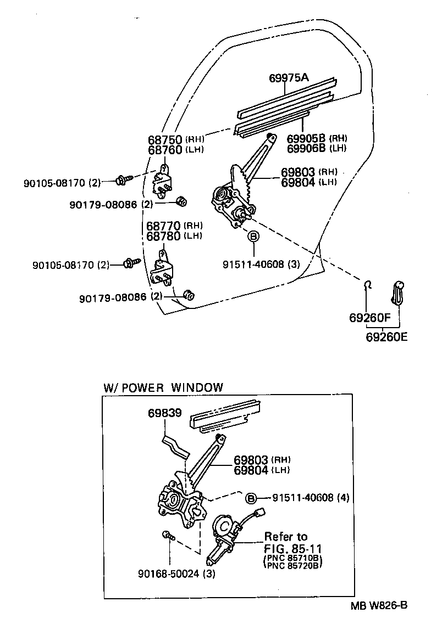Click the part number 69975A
pyautogui.click(x=289, y=78)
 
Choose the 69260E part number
pyautogui.click(x=386, y=337)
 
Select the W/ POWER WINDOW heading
pyautogui.click(x=163, y=387)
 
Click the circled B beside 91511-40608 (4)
pyautogui.click(x=251, y=498)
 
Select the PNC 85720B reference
pyautogui.click(x=292, y=565)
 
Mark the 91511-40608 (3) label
pyautogui.click(x=261, y=264)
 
